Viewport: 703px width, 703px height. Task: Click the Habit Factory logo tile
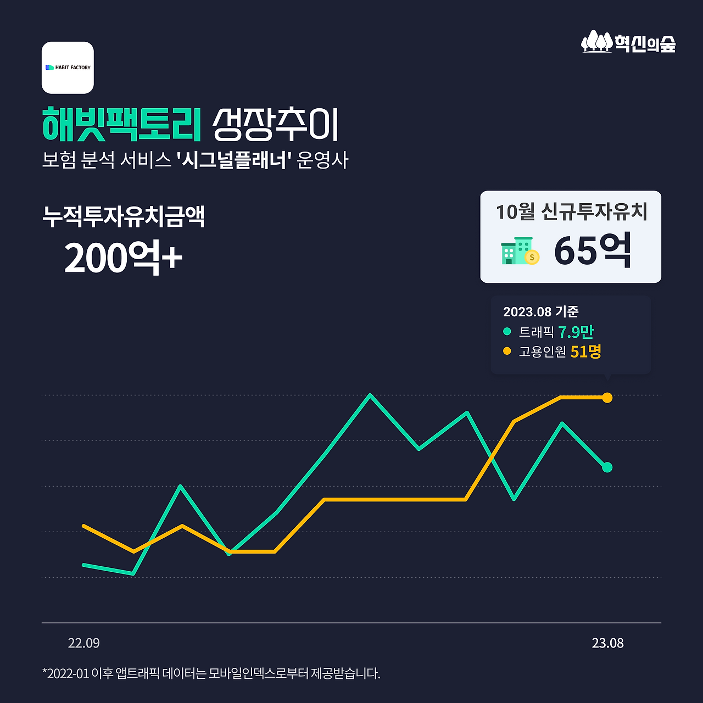[x=68, y=68]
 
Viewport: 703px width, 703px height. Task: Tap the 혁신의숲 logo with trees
[x=628, y=42]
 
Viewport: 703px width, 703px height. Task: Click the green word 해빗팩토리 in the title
[x=122, y=124]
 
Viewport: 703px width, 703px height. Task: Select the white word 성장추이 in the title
[x=276, y=125]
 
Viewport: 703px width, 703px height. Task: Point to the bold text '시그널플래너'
[x=234, y=160]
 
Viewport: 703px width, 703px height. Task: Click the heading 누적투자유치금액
[x=124, y=217]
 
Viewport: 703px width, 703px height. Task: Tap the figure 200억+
[x=124, y=258]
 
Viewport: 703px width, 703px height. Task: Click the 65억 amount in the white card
[x=593, y=250]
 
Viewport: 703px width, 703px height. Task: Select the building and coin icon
[x=520, y=250]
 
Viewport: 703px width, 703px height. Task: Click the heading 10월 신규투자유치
[x=572, y=211]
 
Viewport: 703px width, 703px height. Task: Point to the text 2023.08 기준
[x=540, y=311]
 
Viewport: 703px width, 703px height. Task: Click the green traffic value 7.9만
[x=576, y=332]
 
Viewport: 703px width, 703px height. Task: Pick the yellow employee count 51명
[x=585, y=351]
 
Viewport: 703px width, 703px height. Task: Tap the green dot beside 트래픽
[x=507, y=332]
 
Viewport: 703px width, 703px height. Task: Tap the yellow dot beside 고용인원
[x=507, y=351]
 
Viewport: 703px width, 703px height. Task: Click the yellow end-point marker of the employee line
[x=607, y=398]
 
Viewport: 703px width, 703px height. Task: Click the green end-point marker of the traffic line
[x=607, y=467]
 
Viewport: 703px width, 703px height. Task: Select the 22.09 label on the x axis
[x=83, y=643]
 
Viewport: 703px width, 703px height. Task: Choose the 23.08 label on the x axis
[x=607, y=643]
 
